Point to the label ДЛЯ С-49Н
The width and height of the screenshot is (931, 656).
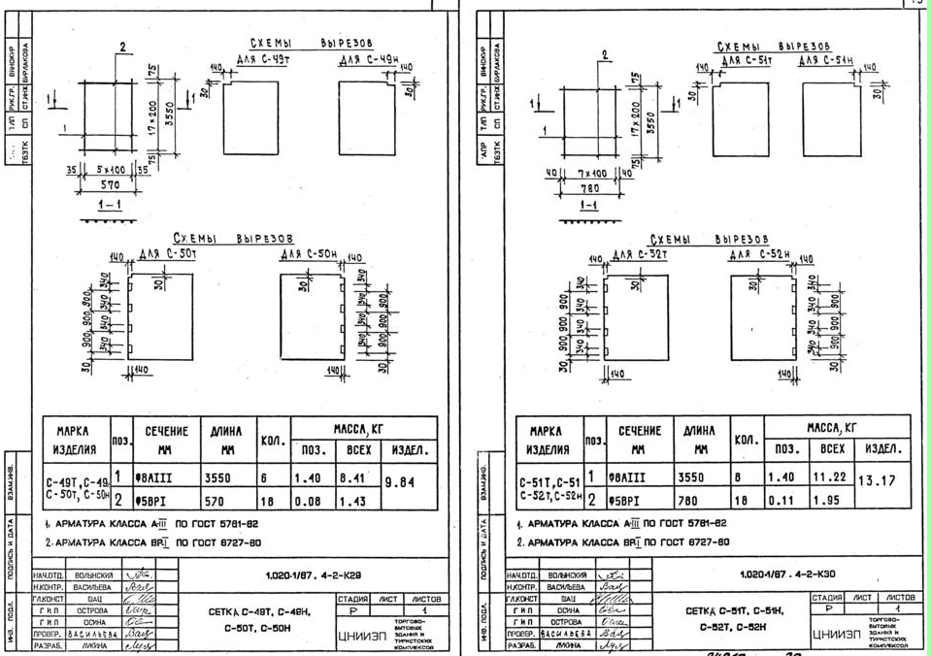coord(368,61)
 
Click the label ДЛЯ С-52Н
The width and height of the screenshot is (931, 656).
coord(760,255)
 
